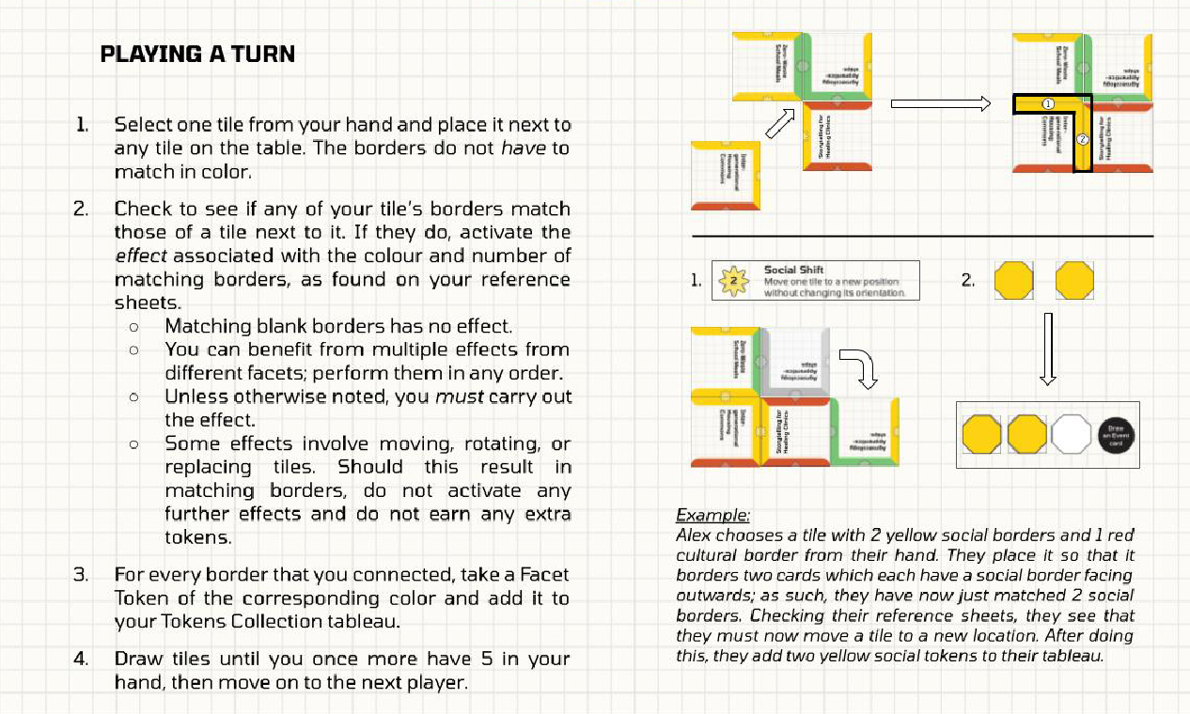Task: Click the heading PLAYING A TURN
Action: tap(197, 54)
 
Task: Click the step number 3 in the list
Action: tap(82, 574)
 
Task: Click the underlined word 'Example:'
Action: tap(712, 515)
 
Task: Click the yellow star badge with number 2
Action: tap(732, 280)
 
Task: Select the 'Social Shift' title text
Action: tap(793, 270)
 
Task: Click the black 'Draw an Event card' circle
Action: tap(1116, 434)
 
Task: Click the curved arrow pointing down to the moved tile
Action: tap(860, 367)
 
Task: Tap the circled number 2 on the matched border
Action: tap(1082, 139)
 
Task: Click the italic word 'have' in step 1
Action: tap(525, 148)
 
